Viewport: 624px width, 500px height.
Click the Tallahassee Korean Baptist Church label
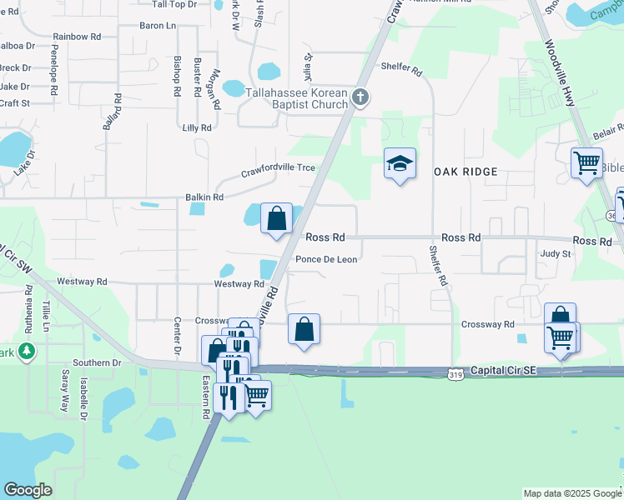tap(295, 98)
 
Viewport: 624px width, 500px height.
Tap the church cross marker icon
tap(360, 97)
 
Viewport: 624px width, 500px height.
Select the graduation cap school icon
tap(400, 163)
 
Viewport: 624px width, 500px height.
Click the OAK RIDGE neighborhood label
tap(465, 172)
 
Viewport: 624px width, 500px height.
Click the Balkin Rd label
tap(204, 197)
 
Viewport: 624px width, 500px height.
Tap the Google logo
tap(28, 490)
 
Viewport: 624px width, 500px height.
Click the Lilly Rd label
tap(197, 128)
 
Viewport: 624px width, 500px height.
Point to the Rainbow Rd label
tap(76, 37)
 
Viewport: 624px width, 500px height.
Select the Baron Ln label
tap(158, 26)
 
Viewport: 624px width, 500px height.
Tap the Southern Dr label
tap(97, 362)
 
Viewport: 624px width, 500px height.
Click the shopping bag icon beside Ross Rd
tap(276, 219)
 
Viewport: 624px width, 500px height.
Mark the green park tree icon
tap(28, 352)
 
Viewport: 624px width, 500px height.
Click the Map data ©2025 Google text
tap(571, 493)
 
